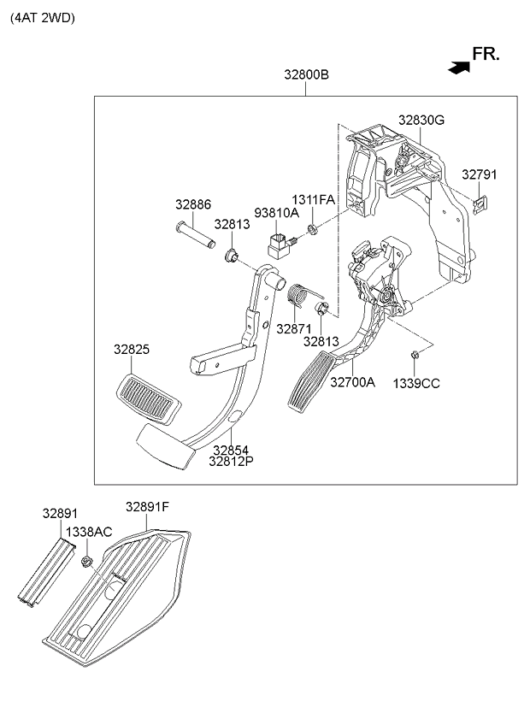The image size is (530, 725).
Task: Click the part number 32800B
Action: click(x=306, y=74)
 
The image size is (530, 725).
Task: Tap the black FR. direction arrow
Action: click(x=459, y=68)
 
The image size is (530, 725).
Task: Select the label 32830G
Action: click(x=421, y=121)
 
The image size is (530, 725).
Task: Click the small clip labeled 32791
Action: click(x=481, y=204)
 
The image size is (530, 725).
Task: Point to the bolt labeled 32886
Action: click(x=196, y=234)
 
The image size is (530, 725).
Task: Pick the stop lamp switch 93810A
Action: click(x=281, y=245)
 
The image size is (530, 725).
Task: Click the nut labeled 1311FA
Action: click(x=313, y=228)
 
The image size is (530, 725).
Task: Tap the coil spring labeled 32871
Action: click(x=301, y=296)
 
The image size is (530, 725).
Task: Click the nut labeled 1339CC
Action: click(x=415, y=355)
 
